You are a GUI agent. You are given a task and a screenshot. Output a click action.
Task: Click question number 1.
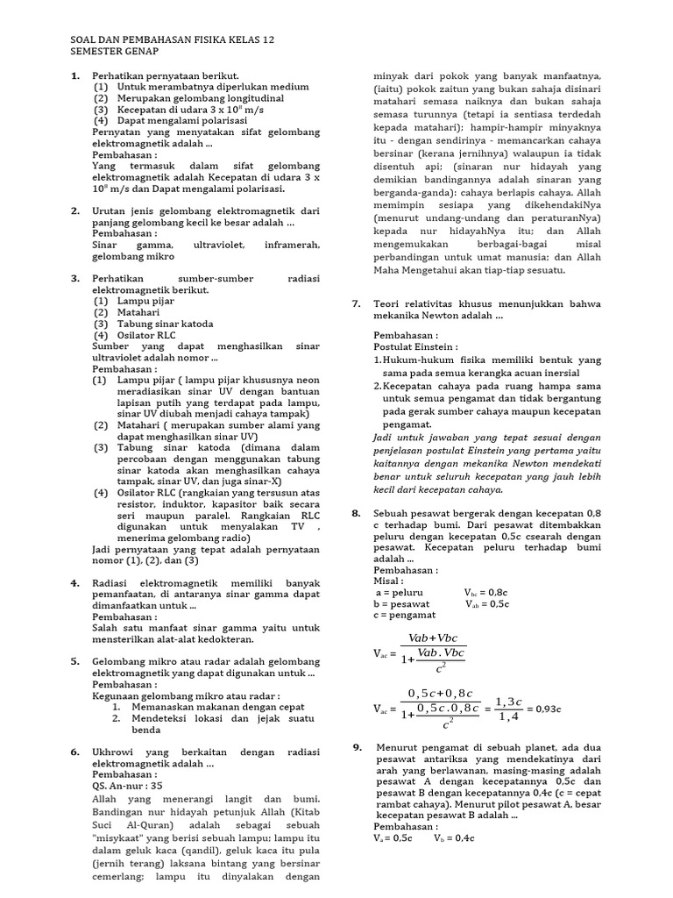click(74, 76)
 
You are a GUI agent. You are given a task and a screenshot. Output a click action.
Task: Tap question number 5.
click(74, 660)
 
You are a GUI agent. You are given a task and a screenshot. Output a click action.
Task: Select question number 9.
click(358, 747)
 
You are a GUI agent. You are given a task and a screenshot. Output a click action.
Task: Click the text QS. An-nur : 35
click(127, 786)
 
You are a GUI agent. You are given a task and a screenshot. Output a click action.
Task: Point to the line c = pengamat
click(406, 616)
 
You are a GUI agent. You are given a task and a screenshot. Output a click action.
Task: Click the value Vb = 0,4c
click(453, 837)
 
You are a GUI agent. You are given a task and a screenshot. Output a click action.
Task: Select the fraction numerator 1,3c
click(508, 701)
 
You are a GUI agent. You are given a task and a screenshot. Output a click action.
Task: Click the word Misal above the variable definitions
click(389, 581)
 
